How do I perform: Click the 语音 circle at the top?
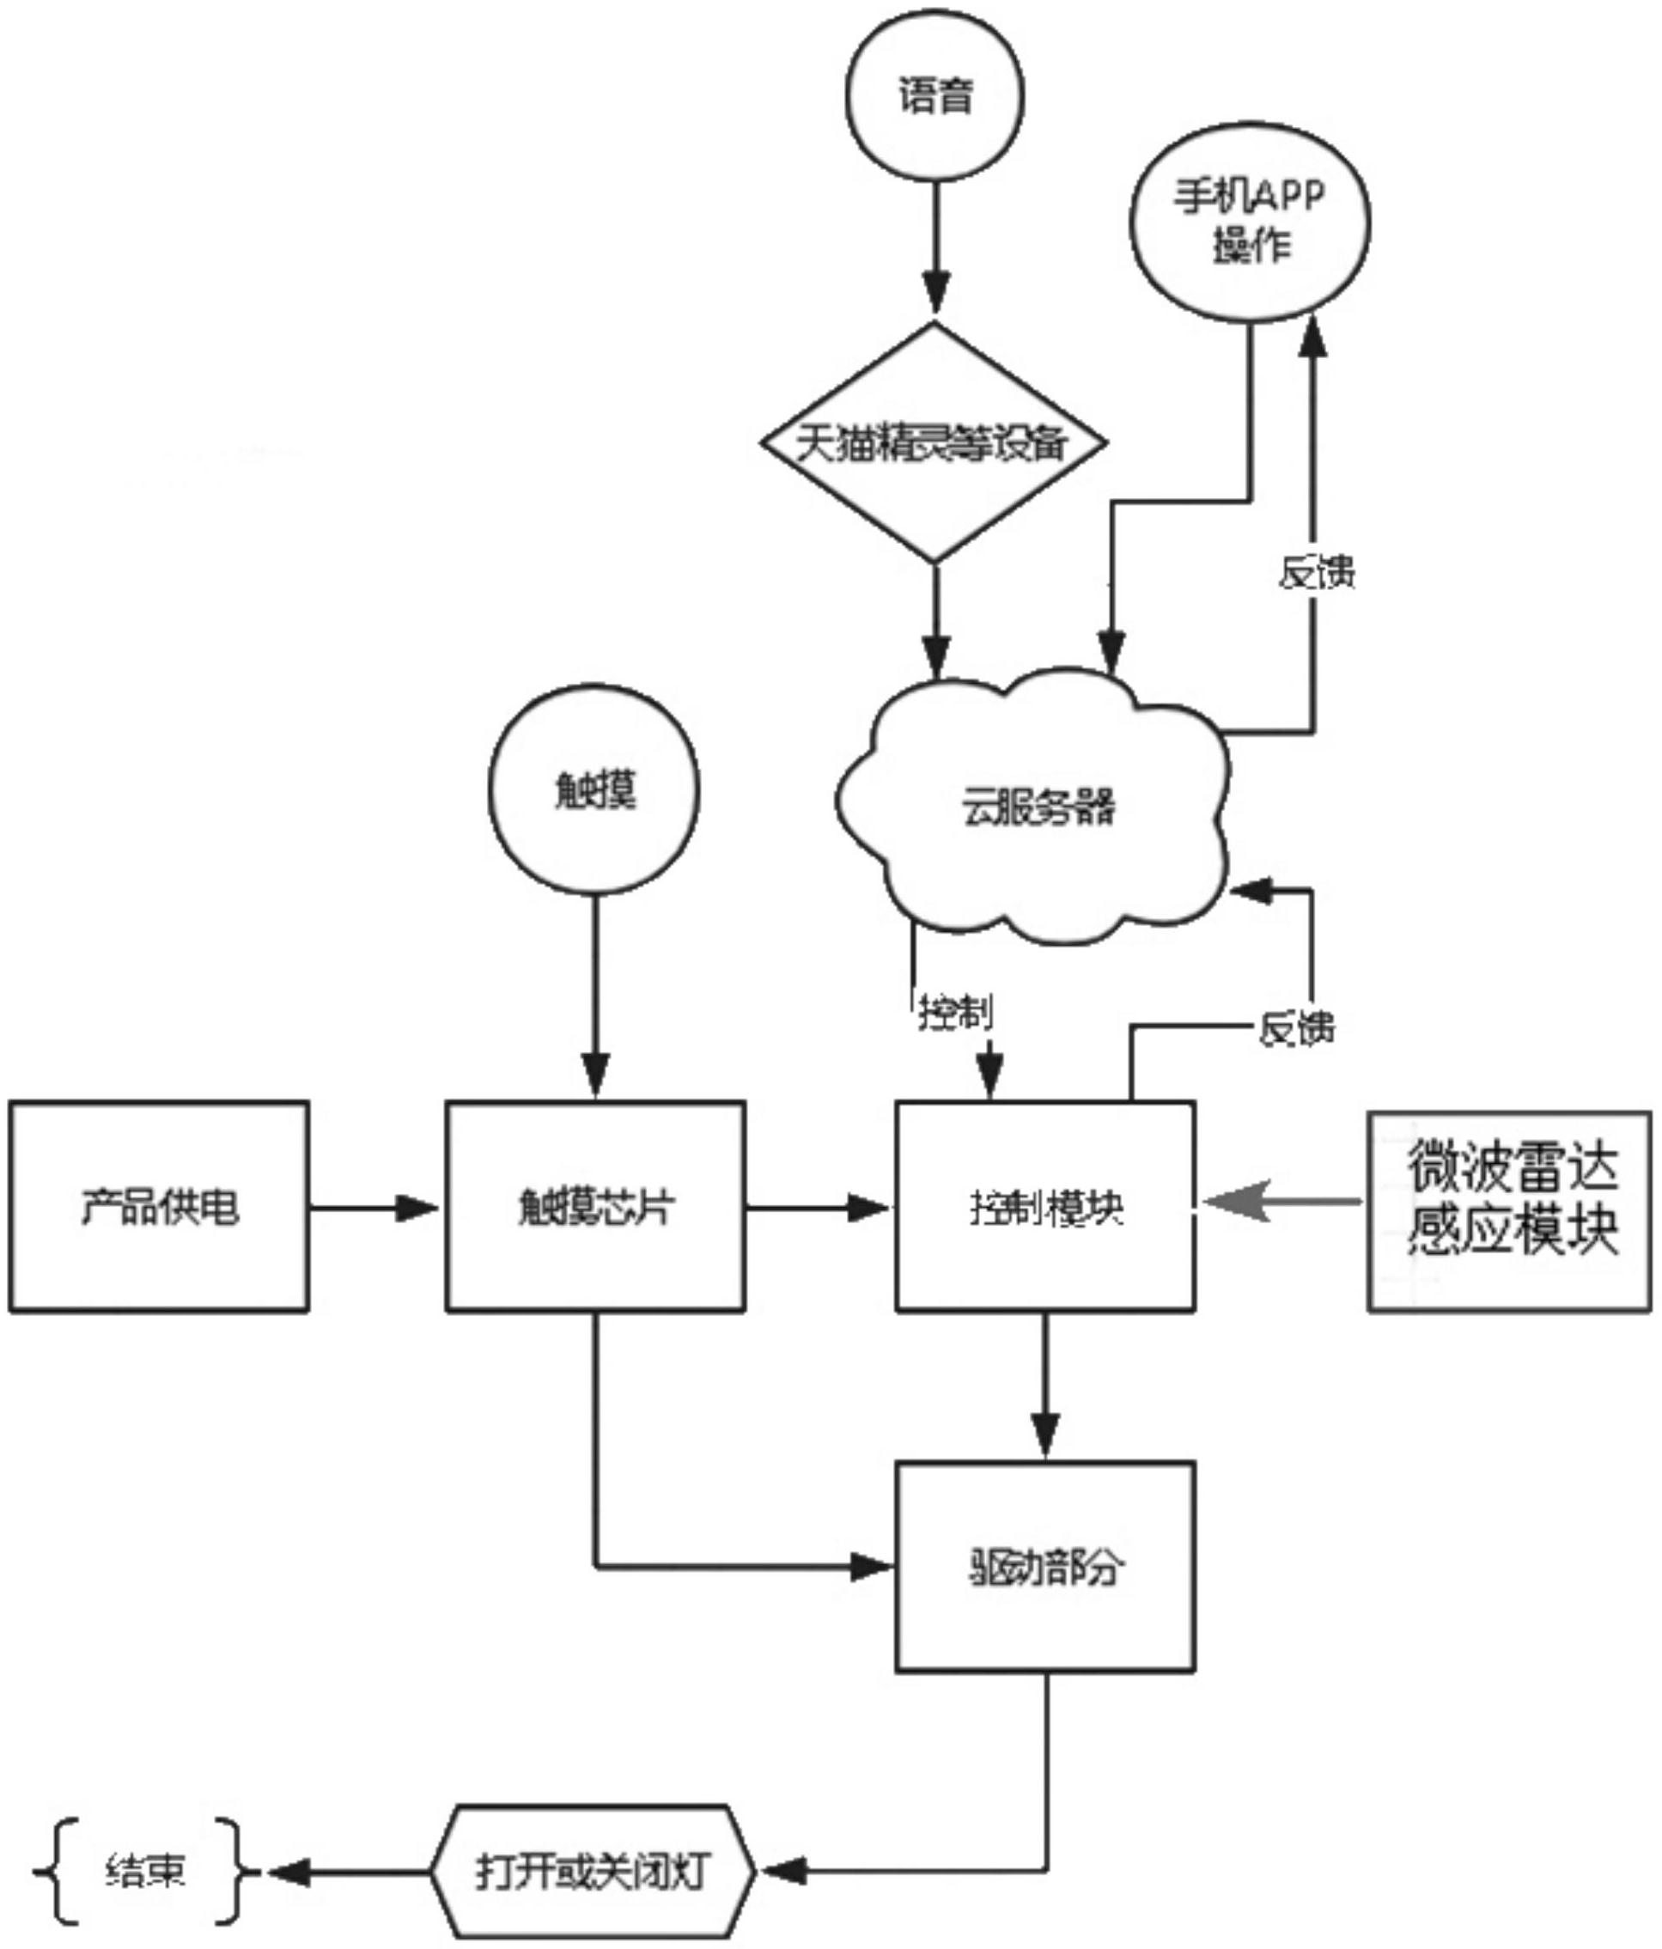(934, 96)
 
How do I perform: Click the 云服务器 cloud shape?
(1035, 807)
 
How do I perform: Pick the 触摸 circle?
(594, 789)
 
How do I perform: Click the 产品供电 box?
(159, 1207)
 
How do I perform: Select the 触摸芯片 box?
(595, 1207)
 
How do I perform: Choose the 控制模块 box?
(1045, 1207)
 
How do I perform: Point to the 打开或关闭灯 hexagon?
(593, 1872)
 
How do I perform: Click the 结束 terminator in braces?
(146, 1870)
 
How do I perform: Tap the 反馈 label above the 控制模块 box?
(1296, 1028)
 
